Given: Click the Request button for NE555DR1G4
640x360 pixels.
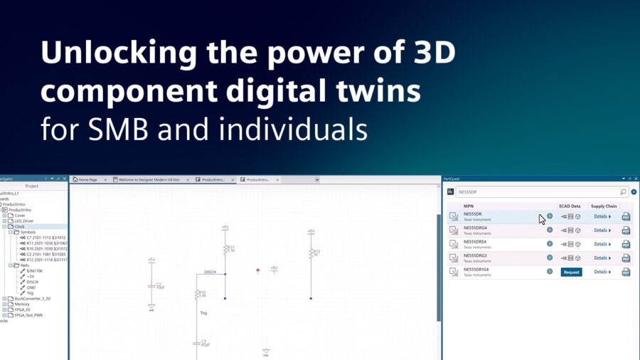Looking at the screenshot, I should tap(571, 272).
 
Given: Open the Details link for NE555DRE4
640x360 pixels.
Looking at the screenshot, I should tap(602, 244).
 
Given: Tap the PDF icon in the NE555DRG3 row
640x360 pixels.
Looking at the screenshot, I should tap(626, 258).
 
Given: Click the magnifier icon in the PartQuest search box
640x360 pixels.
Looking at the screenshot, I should tap(623, 191).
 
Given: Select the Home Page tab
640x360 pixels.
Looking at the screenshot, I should tap(90, 180).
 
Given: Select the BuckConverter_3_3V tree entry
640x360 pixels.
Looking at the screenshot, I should tap(33, 298).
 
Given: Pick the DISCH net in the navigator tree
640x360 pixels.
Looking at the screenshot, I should tap(33, 281).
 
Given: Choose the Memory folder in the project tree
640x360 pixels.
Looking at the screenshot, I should tap(22, 304).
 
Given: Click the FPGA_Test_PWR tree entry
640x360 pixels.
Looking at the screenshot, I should tap(28, 314).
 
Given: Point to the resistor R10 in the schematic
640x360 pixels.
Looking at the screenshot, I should tap(196, 294).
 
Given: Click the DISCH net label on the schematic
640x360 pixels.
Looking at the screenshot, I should tap(210, 272).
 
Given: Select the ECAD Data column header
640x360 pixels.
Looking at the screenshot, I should tap(570, 206).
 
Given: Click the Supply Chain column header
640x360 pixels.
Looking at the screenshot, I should tap(603, 206).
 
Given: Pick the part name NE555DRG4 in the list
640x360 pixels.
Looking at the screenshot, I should tap(475, 228).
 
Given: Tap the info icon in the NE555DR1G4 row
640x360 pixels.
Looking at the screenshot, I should tap(549, 271).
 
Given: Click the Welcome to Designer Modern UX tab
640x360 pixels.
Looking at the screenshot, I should tap(150, 180).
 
